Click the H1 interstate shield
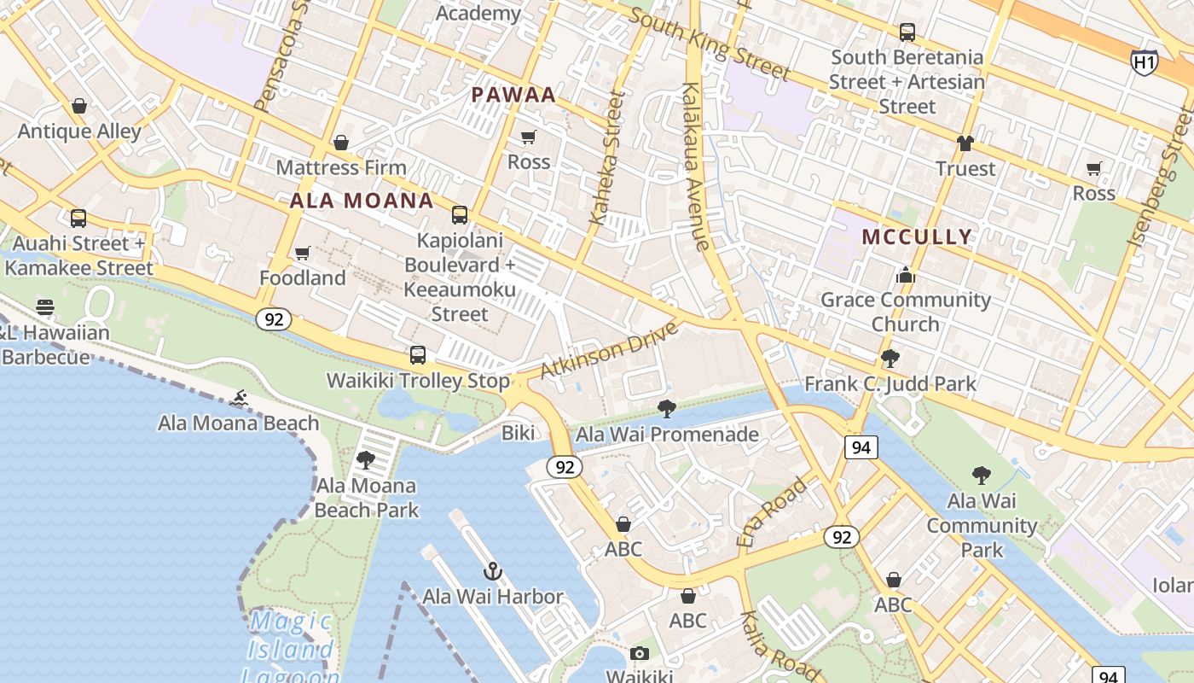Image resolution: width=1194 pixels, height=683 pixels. point(1144,61)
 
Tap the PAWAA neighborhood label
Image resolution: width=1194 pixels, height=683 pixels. point(513,95)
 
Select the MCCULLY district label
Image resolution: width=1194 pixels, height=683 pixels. point(917,236)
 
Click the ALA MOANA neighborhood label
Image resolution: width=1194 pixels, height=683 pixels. point(362,201)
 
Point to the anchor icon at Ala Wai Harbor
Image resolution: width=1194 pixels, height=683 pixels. point(492,571)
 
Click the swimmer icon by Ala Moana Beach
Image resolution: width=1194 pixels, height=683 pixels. point(239,398)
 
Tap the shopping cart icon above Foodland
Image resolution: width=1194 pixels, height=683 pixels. point(302,254)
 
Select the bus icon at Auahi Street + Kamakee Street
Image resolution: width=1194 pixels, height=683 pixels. point(78,219)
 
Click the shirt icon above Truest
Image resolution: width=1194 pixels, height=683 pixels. point(965,143)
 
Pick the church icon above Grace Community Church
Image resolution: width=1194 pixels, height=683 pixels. point(905,275)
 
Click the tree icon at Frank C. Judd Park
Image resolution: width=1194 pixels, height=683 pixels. point(890,359)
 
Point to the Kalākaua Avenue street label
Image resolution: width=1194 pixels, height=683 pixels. point(696,166)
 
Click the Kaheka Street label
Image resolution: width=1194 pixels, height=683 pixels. point(607,159)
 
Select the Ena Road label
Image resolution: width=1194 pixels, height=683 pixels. point(772,511)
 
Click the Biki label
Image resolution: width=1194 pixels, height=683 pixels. point(518,433)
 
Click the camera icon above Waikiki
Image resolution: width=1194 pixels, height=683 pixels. point(639,654)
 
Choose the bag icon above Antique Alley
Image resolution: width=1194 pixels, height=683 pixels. point(79,107)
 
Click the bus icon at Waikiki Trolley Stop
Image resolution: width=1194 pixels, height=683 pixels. point(417,355)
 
